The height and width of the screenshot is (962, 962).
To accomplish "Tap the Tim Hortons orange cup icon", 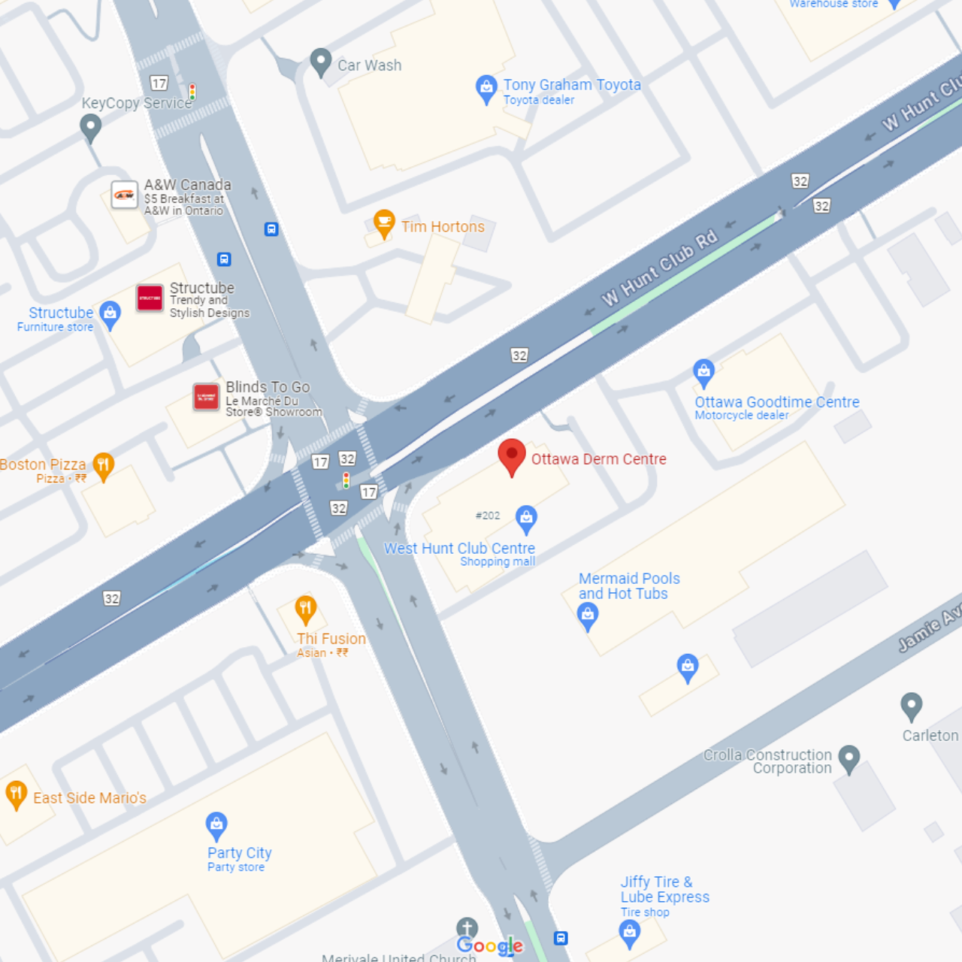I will coord(384,223).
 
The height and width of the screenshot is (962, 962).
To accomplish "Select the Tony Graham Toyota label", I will coord(571,85).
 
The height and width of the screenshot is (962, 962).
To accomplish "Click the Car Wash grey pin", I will coord(321,62).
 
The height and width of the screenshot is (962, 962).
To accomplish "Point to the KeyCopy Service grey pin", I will coord(91,127).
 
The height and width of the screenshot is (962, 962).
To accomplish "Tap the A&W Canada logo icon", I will coord(124,195).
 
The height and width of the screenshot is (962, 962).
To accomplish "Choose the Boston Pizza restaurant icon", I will coord(104,466).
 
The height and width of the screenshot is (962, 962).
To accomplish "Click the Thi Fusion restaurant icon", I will coord(305,609).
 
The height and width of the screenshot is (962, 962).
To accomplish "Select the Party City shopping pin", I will coord(216,825).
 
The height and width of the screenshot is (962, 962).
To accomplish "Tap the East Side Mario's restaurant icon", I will coord(16,794).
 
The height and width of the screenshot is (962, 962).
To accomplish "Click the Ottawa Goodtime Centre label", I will coord(776,402).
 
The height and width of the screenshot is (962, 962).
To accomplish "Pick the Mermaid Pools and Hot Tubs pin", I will coord(588,616).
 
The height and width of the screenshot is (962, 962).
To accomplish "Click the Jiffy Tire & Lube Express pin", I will coord(630,933).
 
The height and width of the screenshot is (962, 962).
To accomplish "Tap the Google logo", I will coord(489,945).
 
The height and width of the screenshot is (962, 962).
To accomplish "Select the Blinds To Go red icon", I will coord(206,397).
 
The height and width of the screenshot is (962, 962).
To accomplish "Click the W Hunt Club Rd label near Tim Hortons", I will coord(659,268).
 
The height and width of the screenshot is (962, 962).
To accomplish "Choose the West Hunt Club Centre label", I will coord(459,549).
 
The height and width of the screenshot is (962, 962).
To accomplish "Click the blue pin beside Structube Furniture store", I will coord(110,314).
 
